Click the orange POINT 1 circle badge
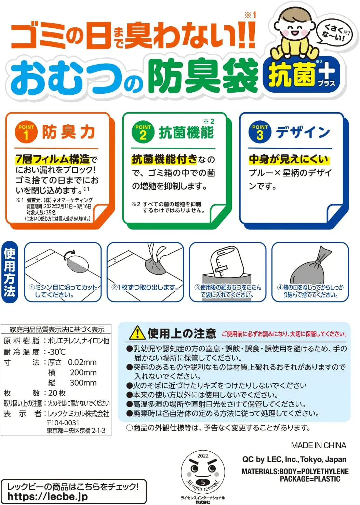pos(26,132)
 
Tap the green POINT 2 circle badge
pos(143,132)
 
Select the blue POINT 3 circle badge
pos(260,132)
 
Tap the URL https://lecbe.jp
pos(48,496)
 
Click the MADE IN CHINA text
pos(318,446)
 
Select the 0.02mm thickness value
pos(82,362)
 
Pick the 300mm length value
pos(83,383)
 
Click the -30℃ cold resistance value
pos(57,352)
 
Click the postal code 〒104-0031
pos(63,423)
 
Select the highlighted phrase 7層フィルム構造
pos(52,159)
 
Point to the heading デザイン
pos(303,132)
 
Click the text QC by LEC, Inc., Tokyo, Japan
pos(294,460)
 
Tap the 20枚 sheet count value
pos(57,393)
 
